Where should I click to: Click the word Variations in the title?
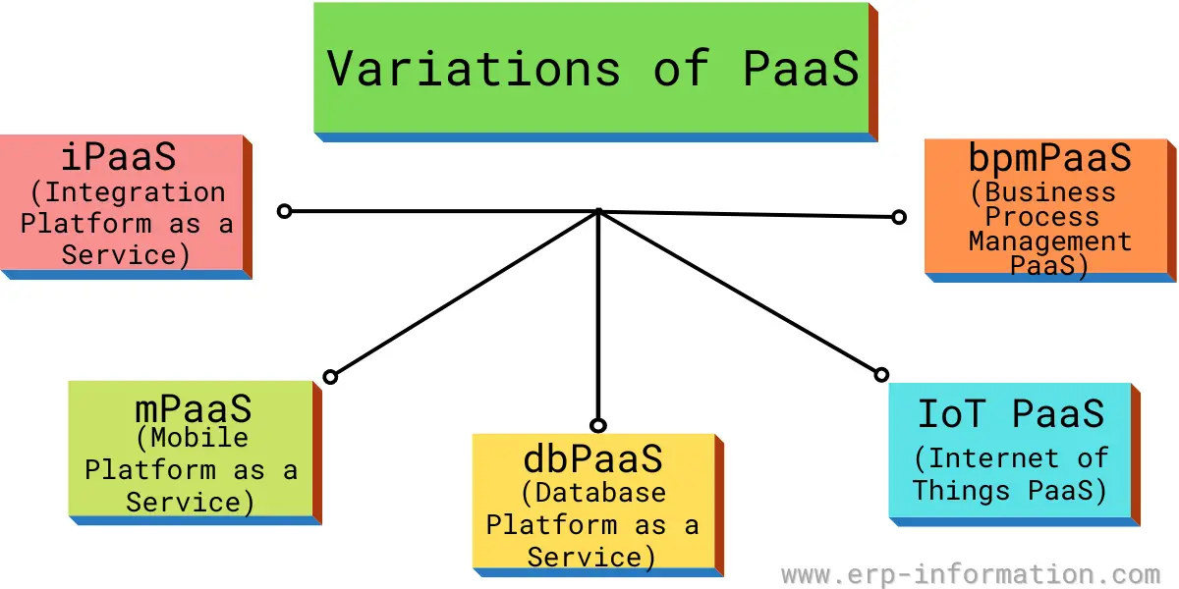(474, 69)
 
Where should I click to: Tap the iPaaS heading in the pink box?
(119, 157)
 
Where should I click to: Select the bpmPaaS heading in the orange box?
(1050, 157)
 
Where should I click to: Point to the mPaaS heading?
(194, 409)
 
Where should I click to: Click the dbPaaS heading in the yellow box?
(593, 458)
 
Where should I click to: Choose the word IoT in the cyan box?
(951, 414)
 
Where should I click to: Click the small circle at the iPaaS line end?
(284, 211)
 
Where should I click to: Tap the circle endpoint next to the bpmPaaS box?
(899, 217)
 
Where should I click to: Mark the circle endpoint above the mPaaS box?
(330, 377)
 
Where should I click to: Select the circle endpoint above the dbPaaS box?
(598, 425)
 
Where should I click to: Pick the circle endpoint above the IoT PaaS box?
(881, 374)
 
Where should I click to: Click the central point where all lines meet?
(598, 212)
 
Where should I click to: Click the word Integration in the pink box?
(136, 192)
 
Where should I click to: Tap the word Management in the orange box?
(1050, 241)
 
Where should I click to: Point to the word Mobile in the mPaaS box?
(199, 438)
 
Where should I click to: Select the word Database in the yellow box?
(600, 493)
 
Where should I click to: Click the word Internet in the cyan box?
(993, 458)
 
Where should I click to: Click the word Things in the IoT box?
(962, 490)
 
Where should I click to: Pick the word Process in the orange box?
(1042, 217)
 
